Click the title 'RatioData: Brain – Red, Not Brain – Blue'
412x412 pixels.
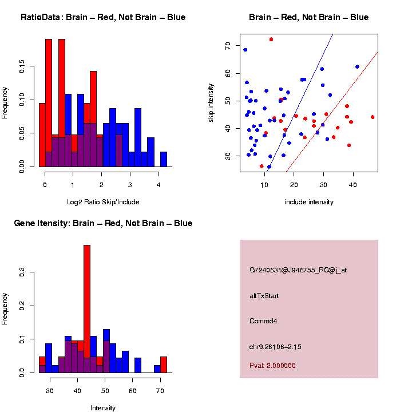(103, 17)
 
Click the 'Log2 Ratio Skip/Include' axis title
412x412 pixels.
(103, 202)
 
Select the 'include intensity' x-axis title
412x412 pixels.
(309, 202)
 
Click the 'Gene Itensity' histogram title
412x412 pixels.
(103, 223)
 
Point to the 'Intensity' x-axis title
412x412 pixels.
(103, 408)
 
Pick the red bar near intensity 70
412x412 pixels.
(164, 365)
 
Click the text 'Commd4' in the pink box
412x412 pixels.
(263, 321)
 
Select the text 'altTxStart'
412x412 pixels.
(264, 296)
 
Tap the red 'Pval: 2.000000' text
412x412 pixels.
(272, 366)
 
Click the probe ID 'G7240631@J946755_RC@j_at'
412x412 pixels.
(298, 270)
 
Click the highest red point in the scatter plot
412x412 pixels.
(271, 39)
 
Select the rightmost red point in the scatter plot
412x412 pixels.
(373, 117)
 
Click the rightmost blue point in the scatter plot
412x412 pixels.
(357, 67)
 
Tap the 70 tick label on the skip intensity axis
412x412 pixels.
(228, 45)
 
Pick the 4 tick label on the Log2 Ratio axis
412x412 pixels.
(157, 185)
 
